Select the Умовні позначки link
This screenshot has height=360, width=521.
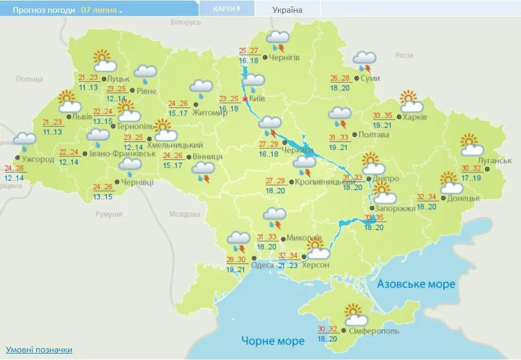coord(39,350)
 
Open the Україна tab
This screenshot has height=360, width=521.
coord(287,10)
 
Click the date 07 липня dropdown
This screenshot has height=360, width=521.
coord(101,10)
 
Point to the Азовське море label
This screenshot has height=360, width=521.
coord(416,284)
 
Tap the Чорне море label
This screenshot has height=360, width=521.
coord(272,341)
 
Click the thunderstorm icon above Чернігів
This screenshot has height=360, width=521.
coord(278,40)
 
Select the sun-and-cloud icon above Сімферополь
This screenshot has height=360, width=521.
coord(355,315)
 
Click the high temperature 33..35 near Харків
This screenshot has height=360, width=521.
coord(383,115)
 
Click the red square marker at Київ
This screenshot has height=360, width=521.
coord(245,99)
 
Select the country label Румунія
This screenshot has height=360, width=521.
coord(109,214)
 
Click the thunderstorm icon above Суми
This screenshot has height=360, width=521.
coord(365,61)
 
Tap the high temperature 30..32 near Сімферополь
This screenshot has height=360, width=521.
coord(328,329)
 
